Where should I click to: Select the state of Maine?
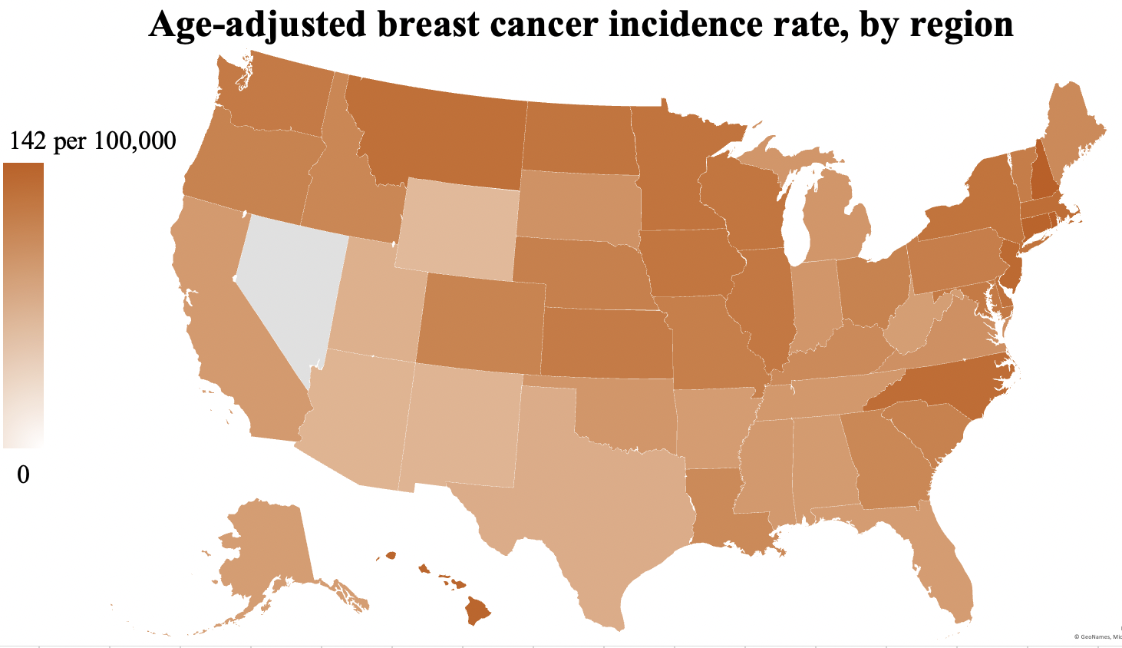point(1071,131)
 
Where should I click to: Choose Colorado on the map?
point(481,322)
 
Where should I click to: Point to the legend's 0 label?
point(23,475)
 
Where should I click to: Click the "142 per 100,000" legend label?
point(92,141)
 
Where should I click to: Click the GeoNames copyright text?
point(1097,636)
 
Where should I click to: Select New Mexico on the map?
point(460,426)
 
